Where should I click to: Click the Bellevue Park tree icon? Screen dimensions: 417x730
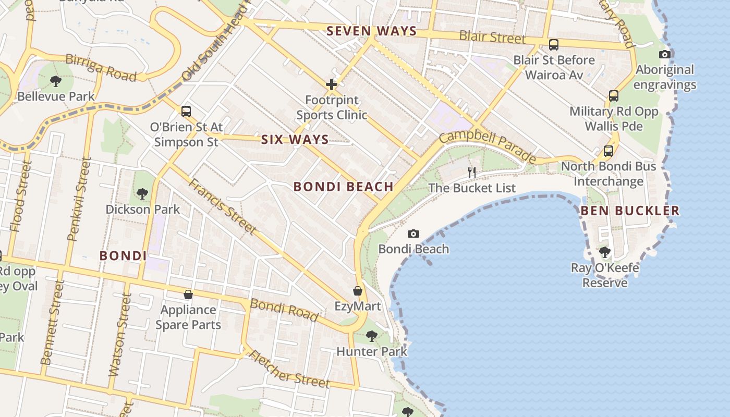[55, 81]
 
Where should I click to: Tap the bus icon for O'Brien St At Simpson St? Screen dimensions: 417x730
[186, 111]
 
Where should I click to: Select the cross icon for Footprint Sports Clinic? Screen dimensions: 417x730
[332, 84]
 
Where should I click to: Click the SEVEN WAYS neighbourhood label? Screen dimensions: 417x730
[372, 31]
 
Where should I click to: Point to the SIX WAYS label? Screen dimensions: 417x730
[295, 140]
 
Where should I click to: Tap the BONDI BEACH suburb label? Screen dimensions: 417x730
[343, 187]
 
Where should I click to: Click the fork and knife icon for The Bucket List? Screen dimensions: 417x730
[472, 173]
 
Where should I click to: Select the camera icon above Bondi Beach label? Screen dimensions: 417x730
[413, 234]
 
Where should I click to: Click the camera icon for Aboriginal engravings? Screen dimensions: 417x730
[664, 54]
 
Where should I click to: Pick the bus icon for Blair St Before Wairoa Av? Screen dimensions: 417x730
[554, 45]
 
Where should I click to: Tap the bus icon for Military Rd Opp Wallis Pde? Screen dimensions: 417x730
[614, 96]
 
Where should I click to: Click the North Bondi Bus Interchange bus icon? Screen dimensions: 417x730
[608, 151]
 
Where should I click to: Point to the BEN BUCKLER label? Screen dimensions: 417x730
[630, 211]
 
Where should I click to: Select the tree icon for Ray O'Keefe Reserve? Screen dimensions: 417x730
[605, 252]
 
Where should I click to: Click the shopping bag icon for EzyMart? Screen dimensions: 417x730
[358, 290]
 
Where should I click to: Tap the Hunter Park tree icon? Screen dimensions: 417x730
[372, 336]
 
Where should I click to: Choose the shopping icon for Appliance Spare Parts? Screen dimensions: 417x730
[188, 295]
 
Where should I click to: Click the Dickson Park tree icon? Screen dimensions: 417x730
[142, 194]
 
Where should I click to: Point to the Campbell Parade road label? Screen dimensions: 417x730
[487, 146]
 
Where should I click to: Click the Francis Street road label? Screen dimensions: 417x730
[222, 206]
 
